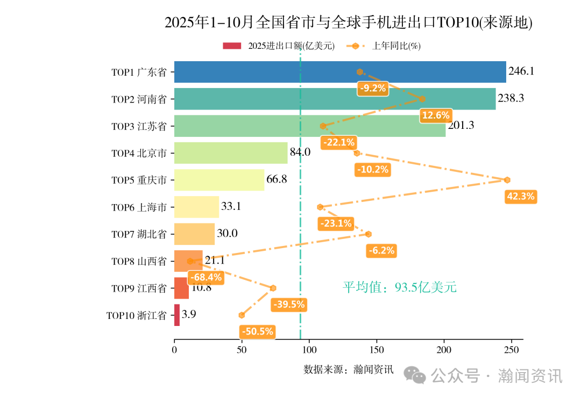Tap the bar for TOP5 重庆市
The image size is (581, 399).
(219, 180)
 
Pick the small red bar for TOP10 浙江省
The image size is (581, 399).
(177, 315)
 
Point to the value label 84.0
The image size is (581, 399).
(300, 153)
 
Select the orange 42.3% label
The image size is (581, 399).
(521, 197)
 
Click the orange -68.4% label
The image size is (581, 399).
(205, 278)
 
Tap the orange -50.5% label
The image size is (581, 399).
(258, 331)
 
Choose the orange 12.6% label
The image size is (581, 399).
(436, 115)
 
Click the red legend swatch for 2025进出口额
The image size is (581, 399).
(232, 46)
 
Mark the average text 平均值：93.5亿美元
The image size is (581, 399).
(400, 288)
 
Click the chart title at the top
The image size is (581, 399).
(348, 23)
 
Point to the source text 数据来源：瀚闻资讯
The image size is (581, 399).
(349, 369)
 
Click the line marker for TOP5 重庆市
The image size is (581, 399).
(507, 180)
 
